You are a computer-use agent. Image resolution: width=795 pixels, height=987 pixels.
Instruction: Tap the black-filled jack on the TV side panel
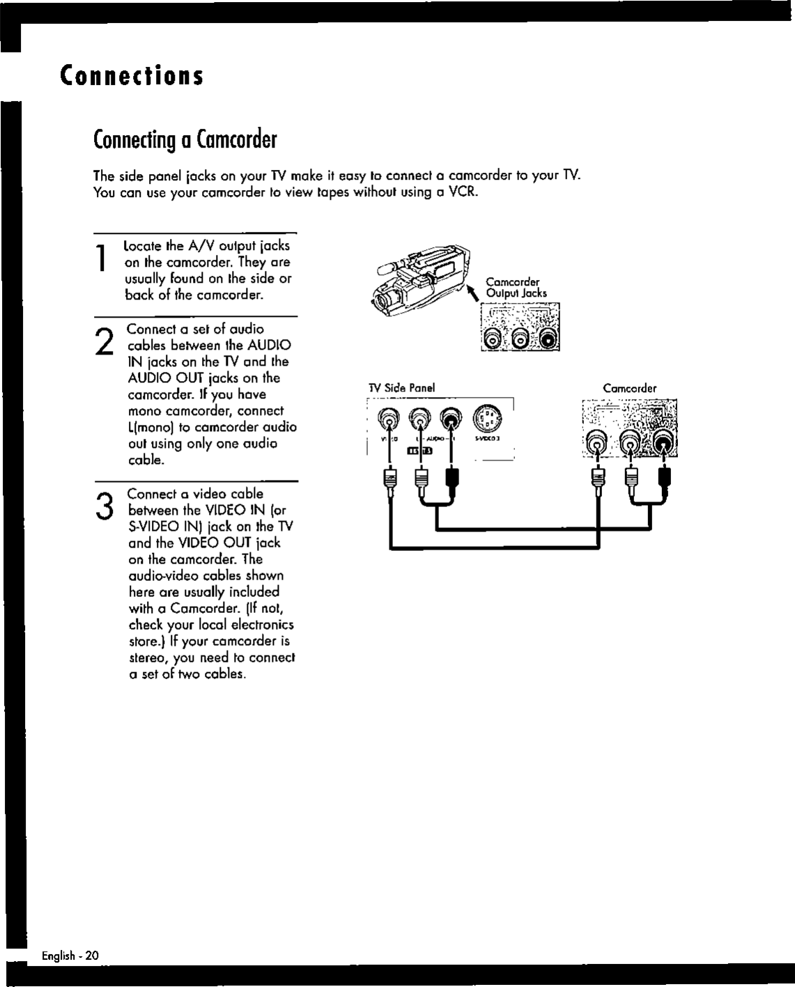453,419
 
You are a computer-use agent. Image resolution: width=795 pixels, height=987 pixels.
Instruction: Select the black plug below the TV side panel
453,479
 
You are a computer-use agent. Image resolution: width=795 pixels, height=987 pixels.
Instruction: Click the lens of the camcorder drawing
382,301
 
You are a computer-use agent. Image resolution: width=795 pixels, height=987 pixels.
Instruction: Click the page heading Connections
132,75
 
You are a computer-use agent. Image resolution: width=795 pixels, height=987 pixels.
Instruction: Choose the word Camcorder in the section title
237,140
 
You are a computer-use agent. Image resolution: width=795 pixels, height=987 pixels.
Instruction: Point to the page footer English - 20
70,956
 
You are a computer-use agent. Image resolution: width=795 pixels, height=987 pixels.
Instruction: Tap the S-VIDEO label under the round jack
485,439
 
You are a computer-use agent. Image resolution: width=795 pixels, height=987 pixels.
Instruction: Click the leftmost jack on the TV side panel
387,419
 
